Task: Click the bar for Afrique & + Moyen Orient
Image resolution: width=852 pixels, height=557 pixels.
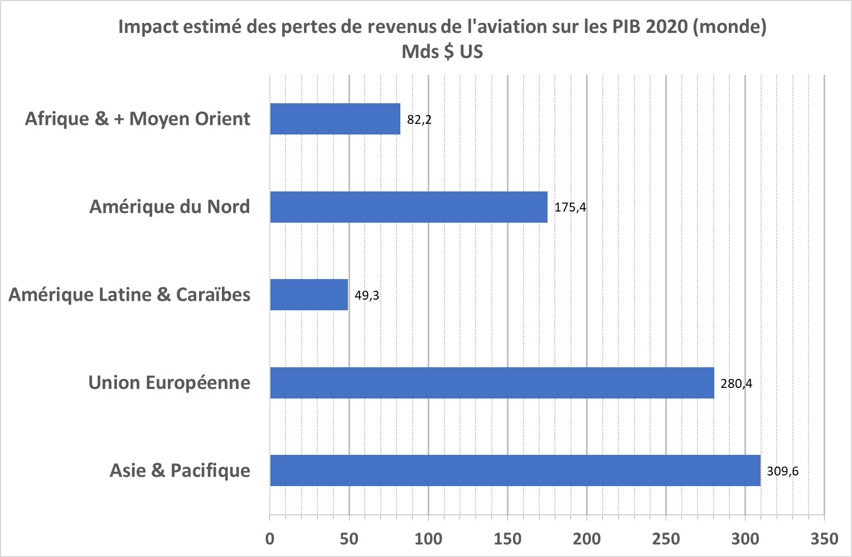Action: coord(335,119)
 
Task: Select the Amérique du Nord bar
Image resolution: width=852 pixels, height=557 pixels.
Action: coord(409,207)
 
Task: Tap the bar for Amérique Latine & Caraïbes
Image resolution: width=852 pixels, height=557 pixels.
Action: coord(309,295)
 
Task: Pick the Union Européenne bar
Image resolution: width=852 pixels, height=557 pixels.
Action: coord(492,383)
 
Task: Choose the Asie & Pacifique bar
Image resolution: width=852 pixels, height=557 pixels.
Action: coord(515,470)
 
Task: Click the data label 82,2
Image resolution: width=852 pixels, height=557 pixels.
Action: coord(419,119)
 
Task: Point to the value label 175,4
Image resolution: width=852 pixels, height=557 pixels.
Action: coord(570,208)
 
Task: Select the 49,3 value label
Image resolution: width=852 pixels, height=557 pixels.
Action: coord(367,295)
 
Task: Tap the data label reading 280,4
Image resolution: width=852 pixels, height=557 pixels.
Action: coord(736,383)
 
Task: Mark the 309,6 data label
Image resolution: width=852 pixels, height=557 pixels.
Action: coord(782,471)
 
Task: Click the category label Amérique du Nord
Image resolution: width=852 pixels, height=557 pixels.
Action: coord(170,207)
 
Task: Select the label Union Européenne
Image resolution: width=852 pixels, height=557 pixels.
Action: coord(169,383)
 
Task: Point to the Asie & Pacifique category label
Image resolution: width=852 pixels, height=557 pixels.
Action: coord(180,470)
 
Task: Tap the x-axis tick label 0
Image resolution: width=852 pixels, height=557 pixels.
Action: coord(270,539)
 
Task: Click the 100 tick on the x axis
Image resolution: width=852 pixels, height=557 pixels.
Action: coord(428,539)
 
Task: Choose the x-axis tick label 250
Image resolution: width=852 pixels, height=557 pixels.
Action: coord(666,539)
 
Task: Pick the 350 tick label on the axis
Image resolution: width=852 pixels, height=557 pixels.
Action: coord(824,539)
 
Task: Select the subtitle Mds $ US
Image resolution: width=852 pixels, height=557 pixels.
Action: coord(442,51)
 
